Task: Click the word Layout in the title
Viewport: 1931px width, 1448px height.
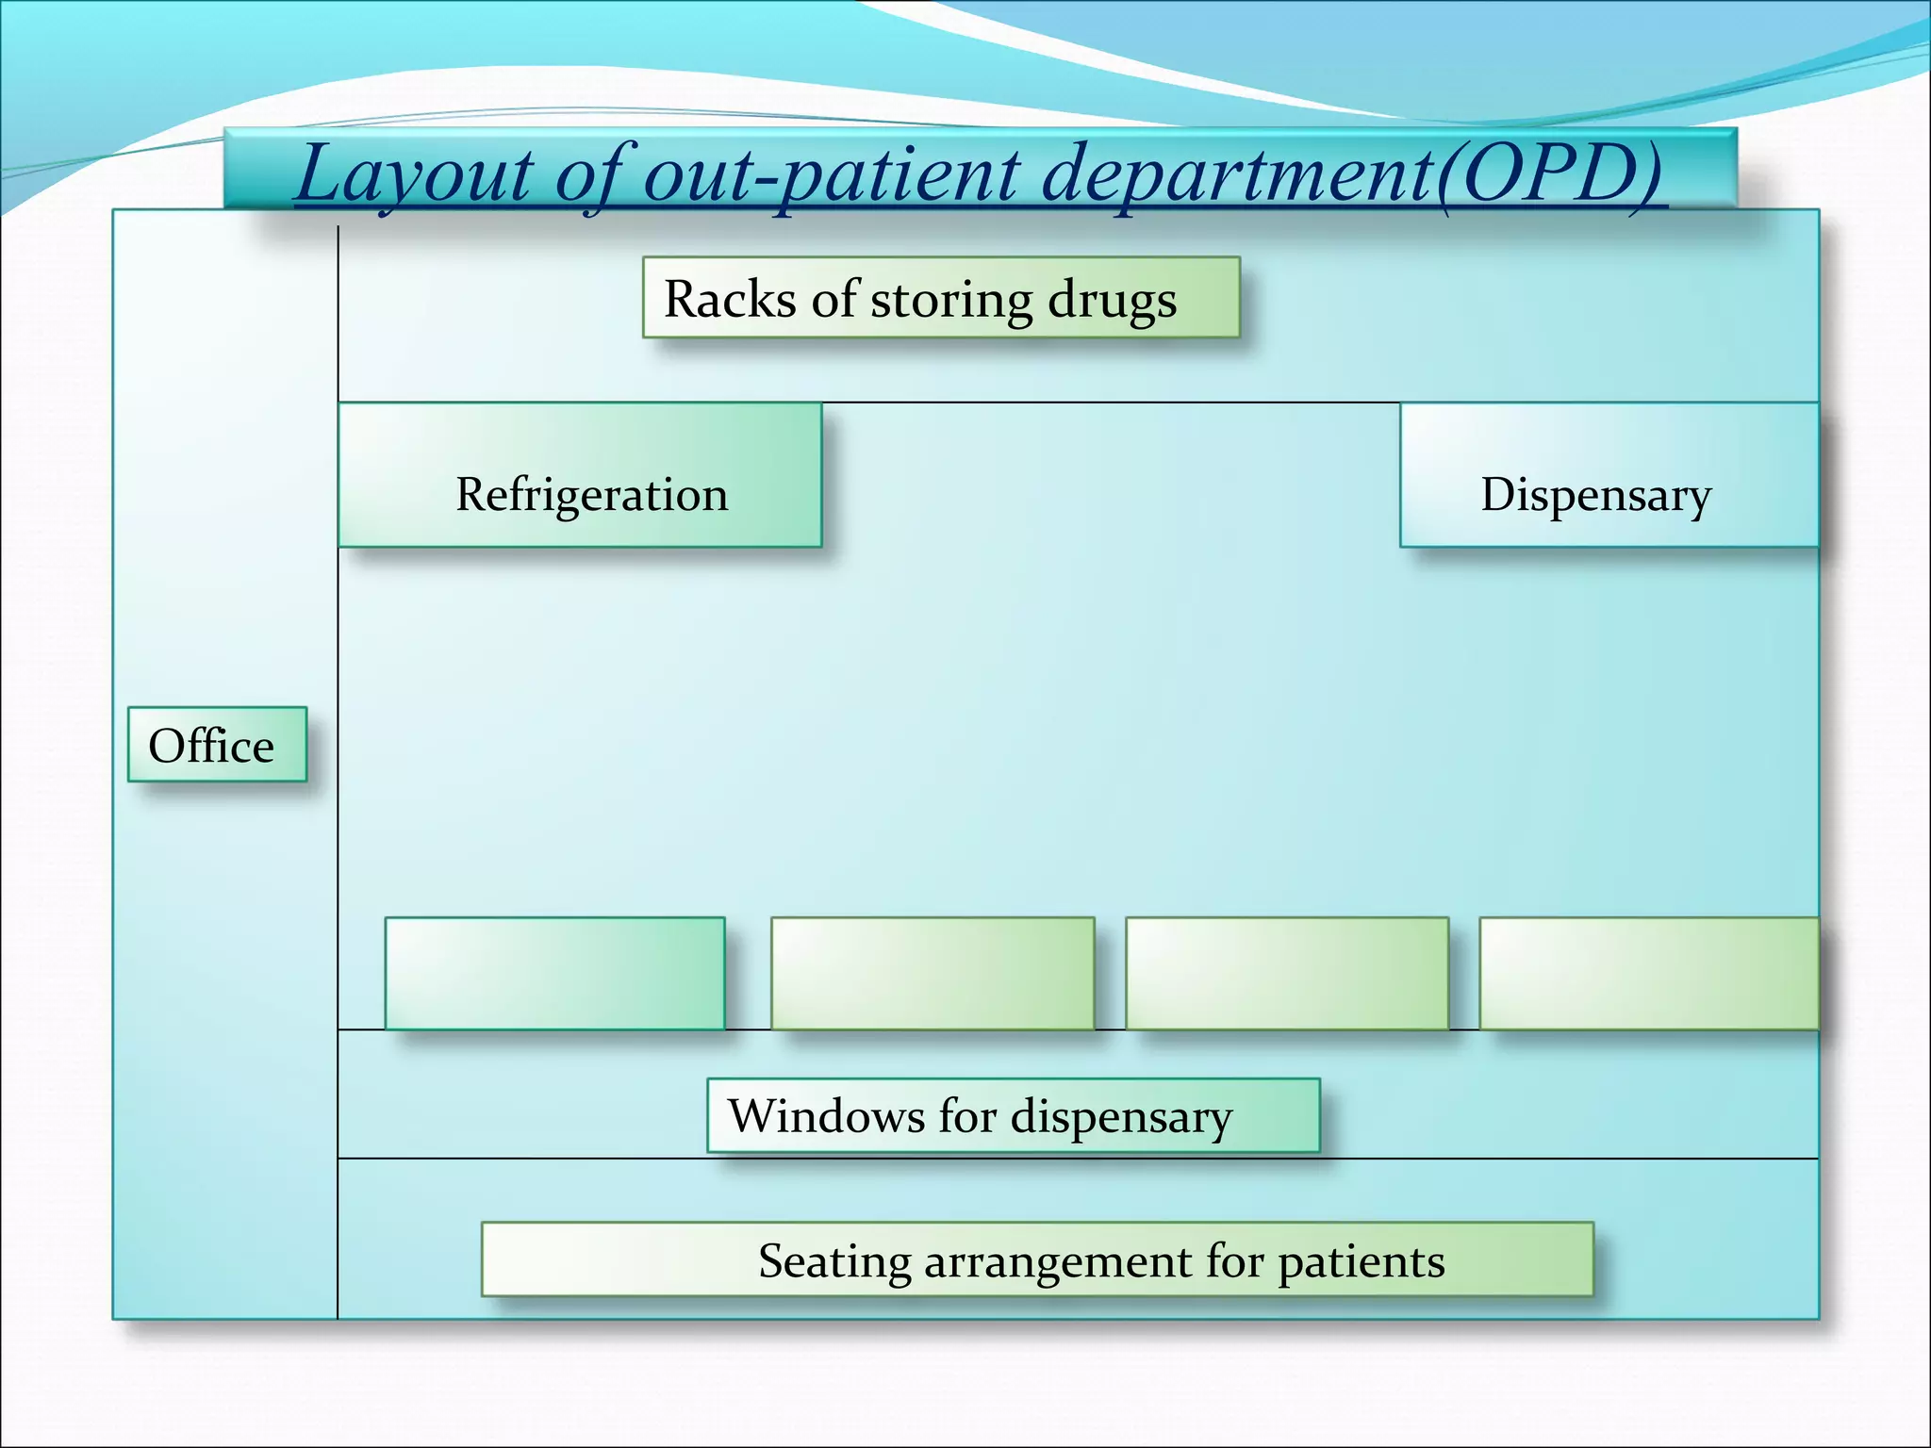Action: (413, 175)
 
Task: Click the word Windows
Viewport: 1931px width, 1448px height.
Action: (826, 1116)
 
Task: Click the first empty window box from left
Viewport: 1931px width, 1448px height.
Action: (554, 974)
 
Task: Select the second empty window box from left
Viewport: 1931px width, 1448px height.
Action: (932, 974)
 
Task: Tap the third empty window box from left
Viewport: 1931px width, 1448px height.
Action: (1287, 974)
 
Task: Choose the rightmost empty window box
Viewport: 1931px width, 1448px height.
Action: (1648, 974)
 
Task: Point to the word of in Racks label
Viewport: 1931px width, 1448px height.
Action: (833, 300)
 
